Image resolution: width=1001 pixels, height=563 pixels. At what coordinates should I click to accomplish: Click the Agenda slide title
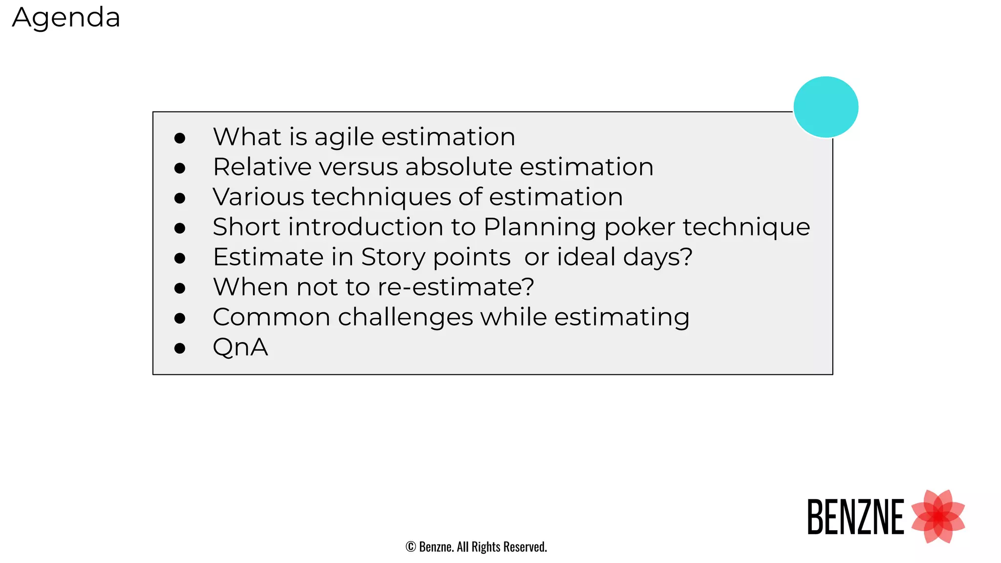pyautogui.click(x=66, y=18)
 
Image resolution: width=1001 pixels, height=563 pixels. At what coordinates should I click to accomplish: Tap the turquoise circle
pyautogui.click(x=826, y=107)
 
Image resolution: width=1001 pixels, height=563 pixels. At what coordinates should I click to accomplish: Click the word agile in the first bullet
pyautogui.click(x=345, y=137)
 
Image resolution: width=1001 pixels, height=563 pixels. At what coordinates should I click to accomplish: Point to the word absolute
pyautogui.click(x=458, y=167)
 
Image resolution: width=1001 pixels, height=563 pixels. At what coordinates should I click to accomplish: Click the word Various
pyautogui.click(x=259, y=197)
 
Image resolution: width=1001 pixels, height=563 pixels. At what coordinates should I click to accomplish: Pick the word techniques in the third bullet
pyautogui.click(x=381, y=197)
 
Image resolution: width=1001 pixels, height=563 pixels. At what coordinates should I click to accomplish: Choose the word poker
pyautogui.click(x=640, y=228)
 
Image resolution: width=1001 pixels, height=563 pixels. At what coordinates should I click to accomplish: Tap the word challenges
pyautogui.click(x=405, y=318)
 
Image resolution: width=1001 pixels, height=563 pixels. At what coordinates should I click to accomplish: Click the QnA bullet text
pyautogui.click(x=240, y=347)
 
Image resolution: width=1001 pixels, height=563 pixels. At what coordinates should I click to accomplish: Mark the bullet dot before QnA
pyautogui.click(x=180, y=348)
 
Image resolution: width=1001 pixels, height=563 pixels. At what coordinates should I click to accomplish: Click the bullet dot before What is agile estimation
pyautogui.click(x=180, y=138)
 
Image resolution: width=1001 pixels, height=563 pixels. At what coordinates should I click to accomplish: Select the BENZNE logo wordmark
pyautogui.click(x=855, y=517)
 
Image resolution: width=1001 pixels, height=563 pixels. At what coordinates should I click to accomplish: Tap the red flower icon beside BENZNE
pyautogui.click(x=938, y=517)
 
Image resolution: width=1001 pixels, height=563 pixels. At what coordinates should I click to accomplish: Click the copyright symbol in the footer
pyautogui.click(x=411, y=547)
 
